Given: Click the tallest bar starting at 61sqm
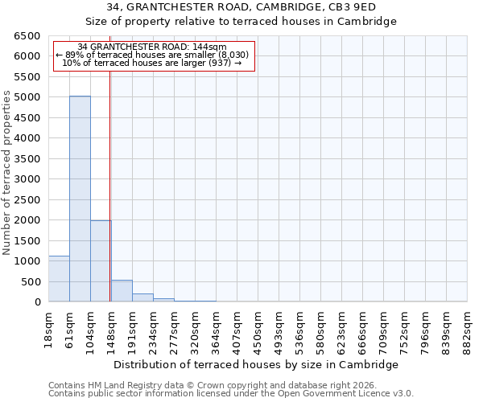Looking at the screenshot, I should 80,199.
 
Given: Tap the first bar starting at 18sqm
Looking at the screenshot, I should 59,278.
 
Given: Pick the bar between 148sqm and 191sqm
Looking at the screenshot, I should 122,291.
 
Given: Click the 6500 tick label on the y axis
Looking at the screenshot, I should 27,36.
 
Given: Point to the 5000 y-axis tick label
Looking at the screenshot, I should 27,97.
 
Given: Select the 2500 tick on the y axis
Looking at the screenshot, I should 27,199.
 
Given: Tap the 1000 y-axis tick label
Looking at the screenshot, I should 27,261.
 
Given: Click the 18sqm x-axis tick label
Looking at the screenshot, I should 48,327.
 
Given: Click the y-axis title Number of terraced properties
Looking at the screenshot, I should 7,173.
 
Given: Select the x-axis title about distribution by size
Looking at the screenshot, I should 257,364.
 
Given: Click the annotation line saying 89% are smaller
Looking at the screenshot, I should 153,55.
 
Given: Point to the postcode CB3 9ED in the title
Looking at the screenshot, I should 365,7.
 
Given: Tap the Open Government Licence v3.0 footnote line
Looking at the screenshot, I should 231,394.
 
